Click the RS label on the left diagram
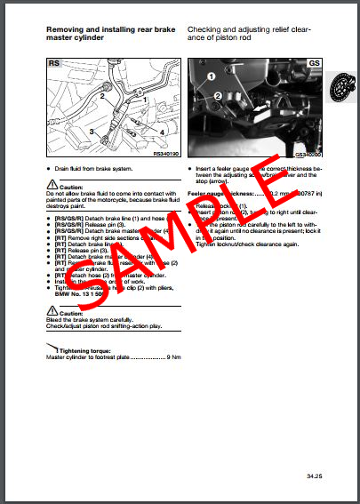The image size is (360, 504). (x=53, y=65)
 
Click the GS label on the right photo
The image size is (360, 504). (x=313, y=65)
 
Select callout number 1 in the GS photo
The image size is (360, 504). (x=212, y=77)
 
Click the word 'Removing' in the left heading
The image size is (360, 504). (x=66, y=30)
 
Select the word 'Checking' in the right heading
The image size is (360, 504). (x=206, y=30)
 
